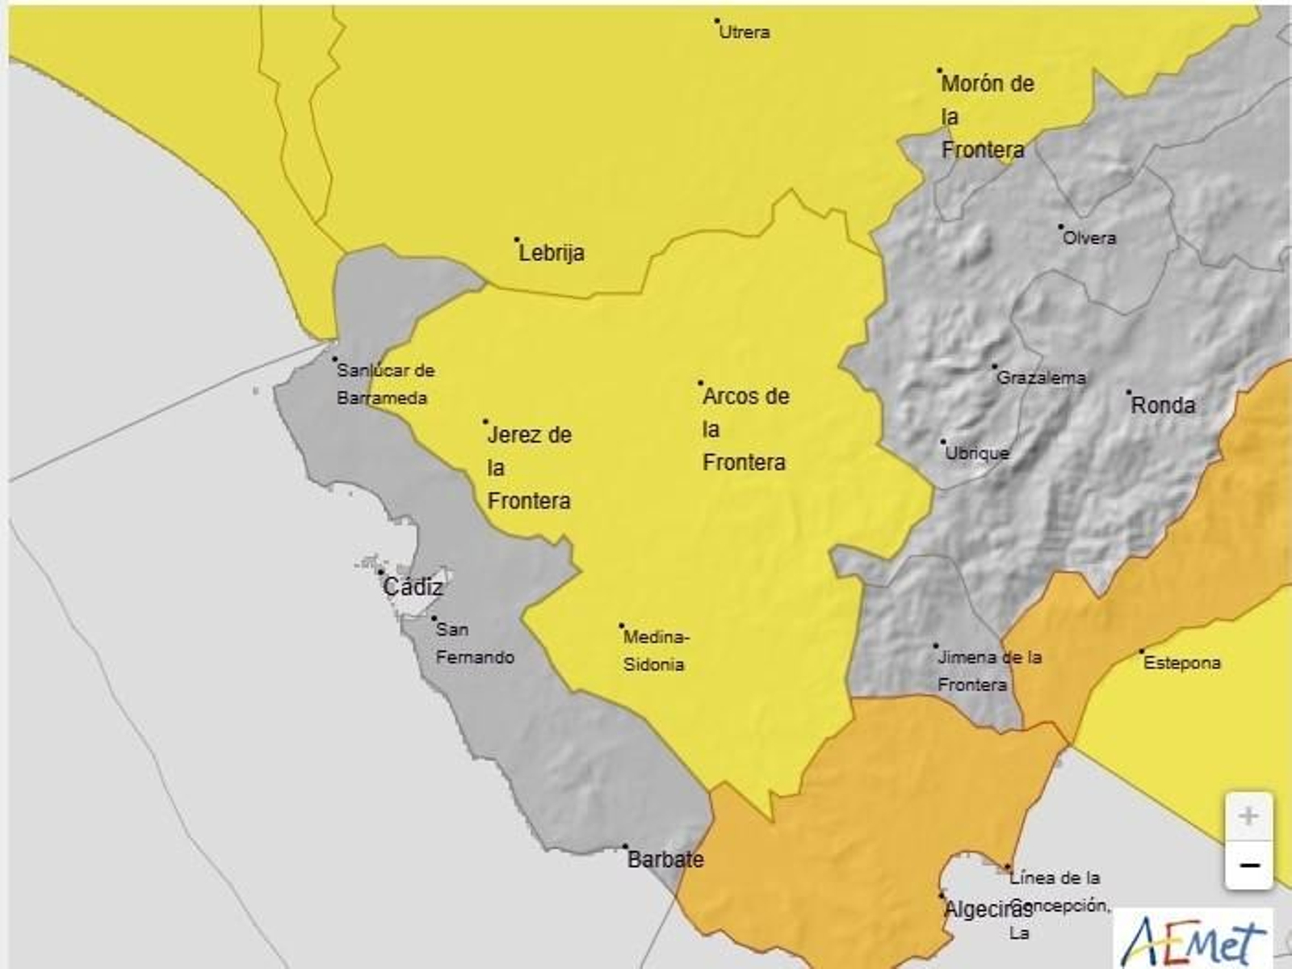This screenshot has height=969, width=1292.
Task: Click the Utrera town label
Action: coord(744,32)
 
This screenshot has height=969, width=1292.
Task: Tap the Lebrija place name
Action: coord(552,253)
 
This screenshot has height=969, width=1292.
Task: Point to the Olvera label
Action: coord(1089,238)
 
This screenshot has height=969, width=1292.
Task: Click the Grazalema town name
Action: coord(1041,377)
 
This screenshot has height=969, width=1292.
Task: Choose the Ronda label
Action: coord(1163,405)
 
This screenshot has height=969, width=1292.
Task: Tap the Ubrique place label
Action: coord(977,453)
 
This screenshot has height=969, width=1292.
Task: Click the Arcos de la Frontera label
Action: coord(745,429)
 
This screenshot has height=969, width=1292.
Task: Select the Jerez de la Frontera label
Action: coord(529,468)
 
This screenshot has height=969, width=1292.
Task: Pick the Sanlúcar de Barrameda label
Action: coord(384,384)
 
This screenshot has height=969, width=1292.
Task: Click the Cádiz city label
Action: coord(413,587)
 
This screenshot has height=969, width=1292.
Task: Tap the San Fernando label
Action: coord(474,643)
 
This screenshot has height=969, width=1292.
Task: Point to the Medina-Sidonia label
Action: coord(655,651)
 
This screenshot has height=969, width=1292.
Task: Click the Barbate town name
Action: coord(665,859)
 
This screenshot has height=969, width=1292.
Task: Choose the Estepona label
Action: coord(1182,663)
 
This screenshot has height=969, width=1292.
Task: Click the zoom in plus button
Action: coord(1248,816)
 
